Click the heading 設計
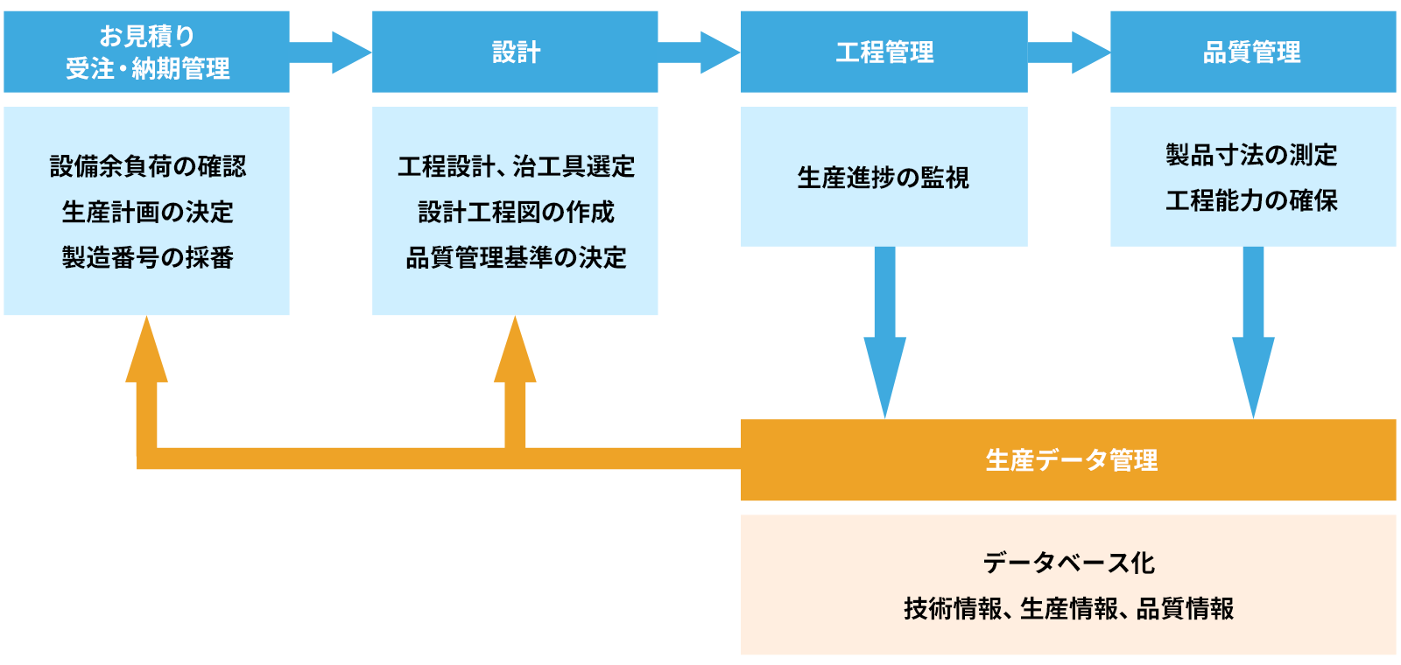click(x=516, y=52)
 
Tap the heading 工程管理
click(x=884, y=52)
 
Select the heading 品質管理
click(x=1251, y=52)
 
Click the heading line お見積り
click(x=147, y=36)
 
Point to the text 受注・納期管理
click(x=147, y=68)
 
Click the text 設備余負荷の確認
click(x=147, y=166)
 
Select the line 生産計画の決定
click(x=147, y=212)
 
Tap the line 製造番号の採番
click(x=147, y=257)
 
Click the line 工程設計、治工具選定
click(x=516, y=166)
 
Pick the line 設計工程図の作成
click(x=516, y=212)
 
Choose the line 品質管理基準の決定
click(x=516, y=257)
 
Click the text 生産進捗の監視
click(x=883, y=178)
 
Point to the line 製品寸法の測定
click(x=1251, y=155)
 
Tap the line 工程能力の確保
click(x=1251, y=200)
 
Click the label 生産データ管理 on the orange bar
click(x=1071, y=460)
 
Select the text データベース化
click(x=1068, y=563)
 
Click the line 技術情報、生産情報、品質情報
click(x=1068, y=608)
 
